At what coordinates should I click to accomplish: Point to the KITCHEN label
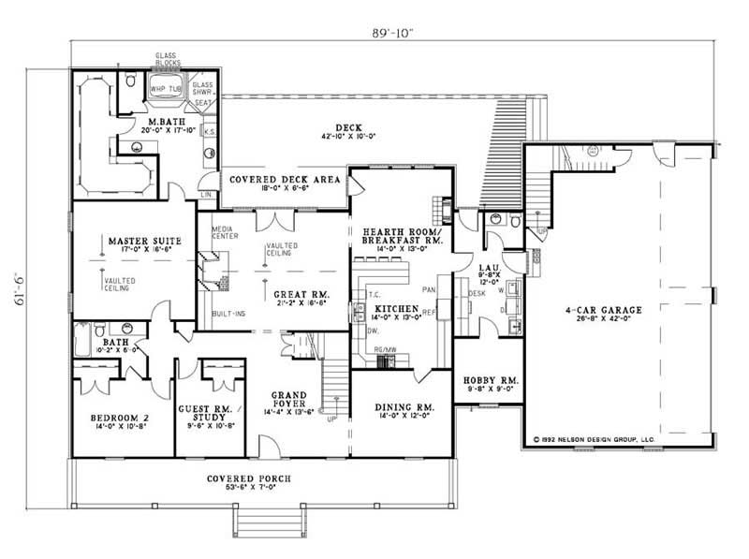point(393,307)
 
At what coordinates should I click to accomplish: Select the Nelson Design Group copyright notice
point(595,437)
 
